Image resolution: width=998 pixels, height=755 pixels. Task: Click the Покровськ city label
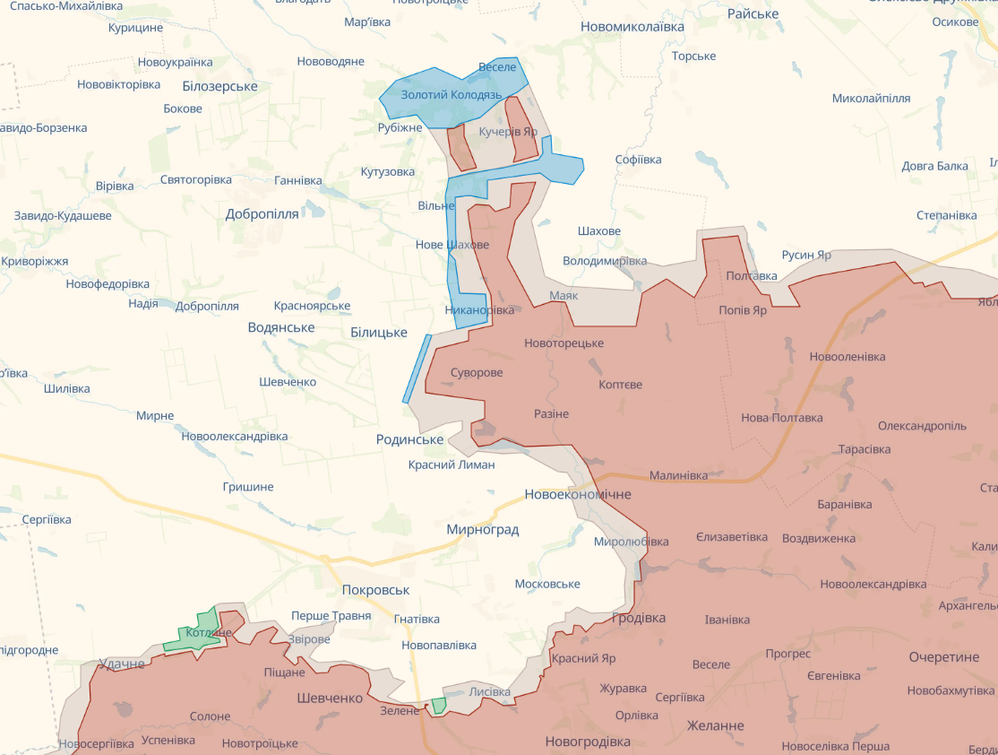375,590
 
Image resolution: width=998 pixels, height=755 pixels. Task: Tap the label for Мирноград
483,530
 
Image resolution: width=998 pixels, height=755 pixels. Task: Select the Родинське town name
410,439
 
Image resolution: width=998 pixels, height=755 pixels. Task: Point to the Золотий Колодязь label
445,94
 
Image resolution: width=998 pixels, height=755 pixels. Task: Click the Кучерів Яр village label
508,132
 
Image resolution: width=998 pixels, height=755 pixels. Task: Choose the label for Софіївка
638,160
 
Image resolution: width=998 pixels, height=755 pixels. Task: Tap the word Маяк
564,295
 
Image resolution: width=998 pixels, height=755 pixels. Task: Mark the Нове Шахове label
452,245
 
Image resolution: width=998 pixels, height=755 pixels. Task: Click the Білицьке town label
379,333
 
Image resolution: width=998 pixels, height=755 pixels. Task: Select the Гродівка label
639,618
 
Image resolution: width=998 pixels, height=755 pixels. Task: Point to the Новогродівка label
588,742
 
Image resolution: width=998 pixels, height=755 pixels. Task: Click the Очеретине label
943,657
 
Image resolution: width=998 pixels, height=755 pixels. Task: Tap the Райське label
753,13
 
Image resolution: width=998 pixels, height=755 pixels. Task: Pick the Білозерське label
219,86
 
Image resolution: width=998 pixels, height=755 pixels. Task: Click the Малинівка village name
678,475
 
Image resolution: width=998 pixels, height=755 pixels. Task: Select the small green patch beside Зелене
438,706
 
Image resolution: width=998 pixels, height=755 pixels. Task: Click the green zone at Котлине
195,633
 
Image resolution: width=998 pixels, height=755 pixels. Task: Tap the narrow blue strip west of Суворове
417,369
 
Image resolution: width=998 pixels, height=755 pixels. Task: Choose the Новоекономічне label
578,494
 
